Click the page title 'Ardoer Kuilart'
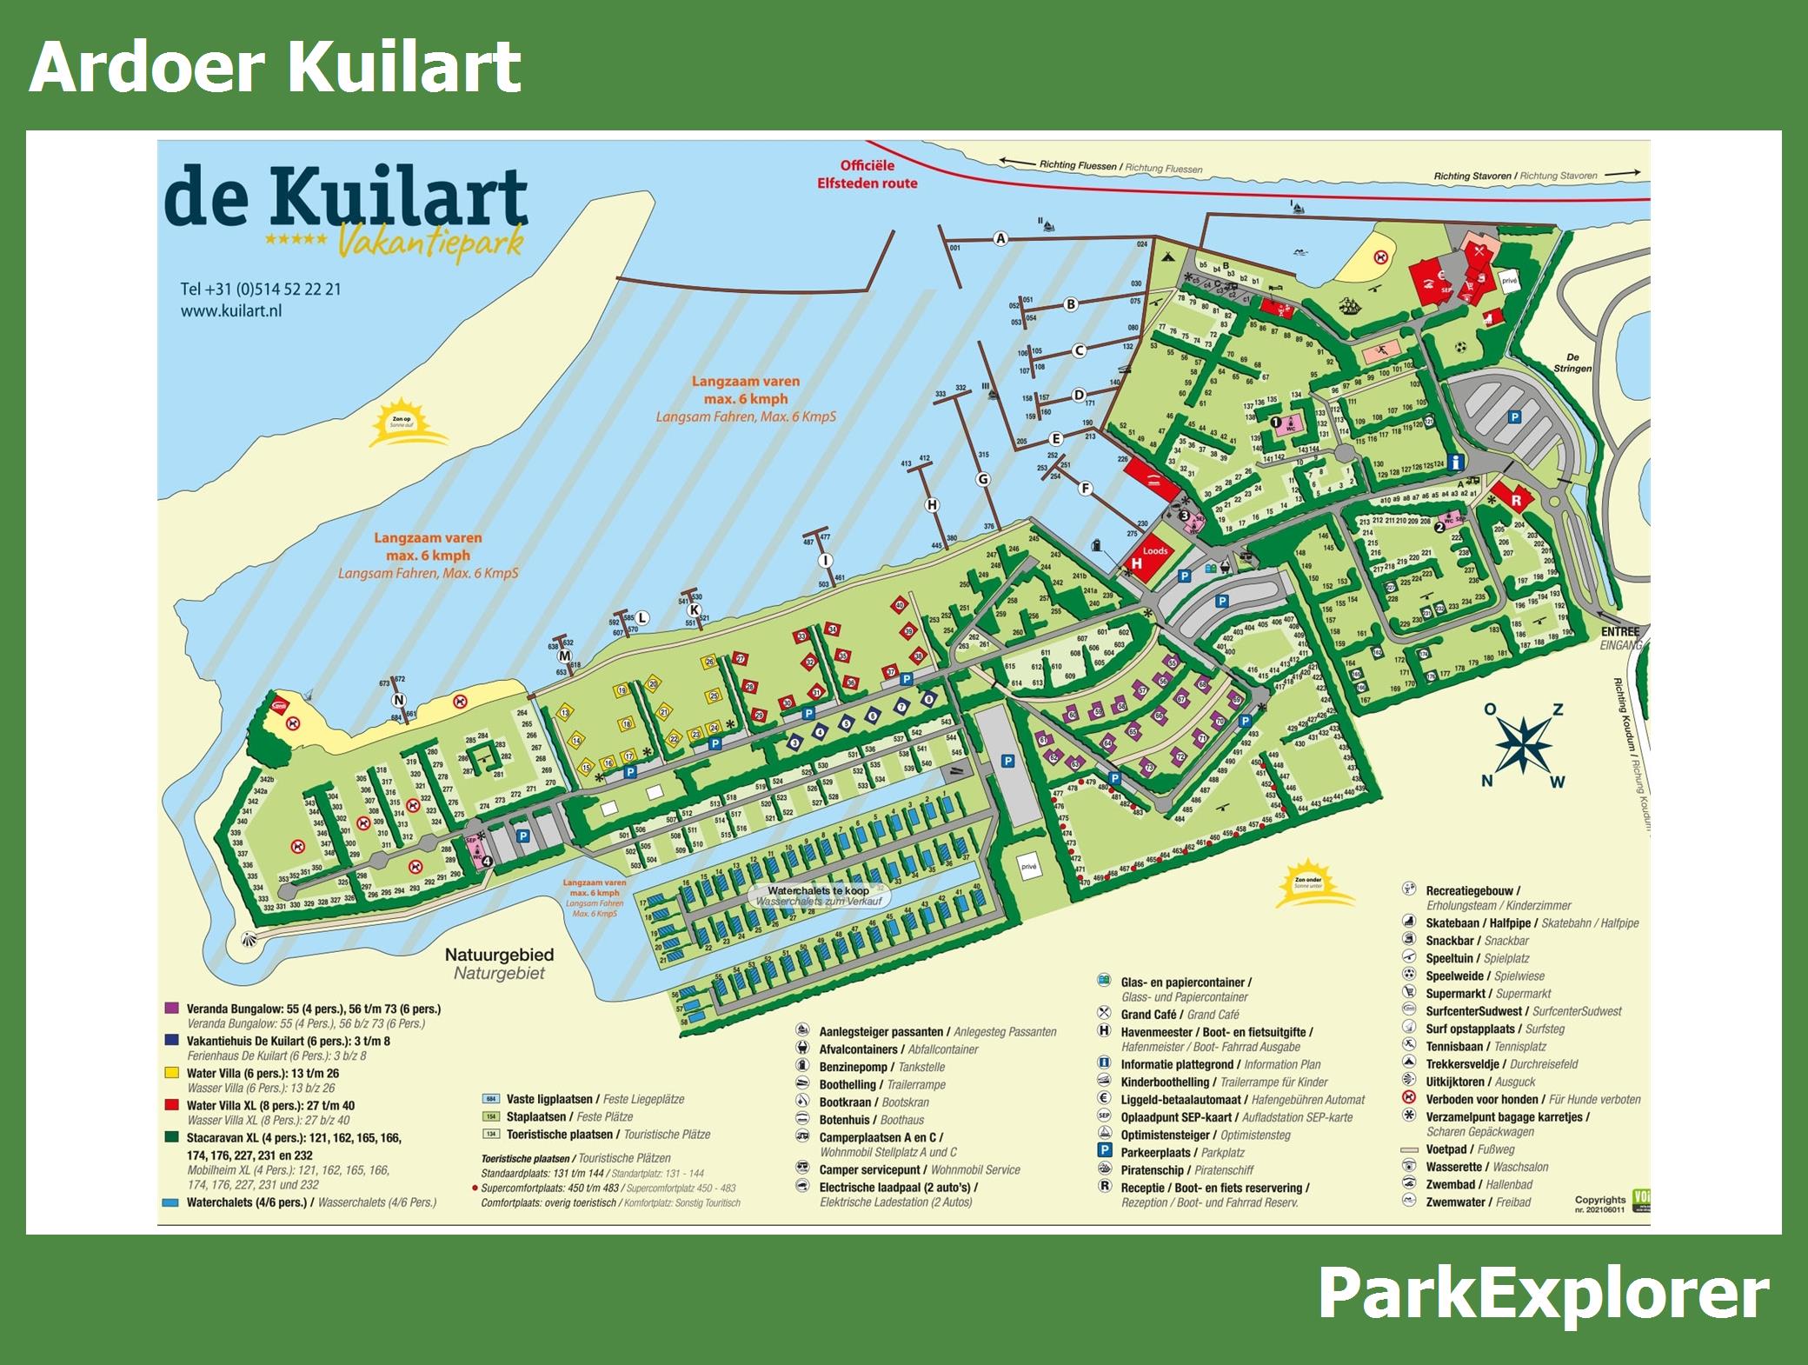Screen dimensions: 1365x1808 coord(275,67)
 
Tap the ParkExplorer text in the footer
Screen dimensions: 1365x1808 coord(1542,1295)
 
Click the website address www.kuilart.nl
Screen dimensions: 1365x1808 coord(231,310)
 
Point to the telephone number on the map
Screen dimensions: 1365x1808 coord(261,289)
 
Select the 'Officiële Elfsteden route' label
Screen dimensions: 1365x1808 coord(867,174)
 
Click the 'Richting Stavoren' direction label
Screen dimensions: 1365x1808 coord(1474,176)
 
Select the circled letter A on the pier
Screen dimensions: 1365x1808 coord(1000,238)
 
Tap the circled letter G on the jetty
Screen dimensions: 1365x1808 coord(983,479)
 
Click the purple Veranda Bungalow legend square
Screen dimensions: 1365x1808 coord(172,1009)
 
